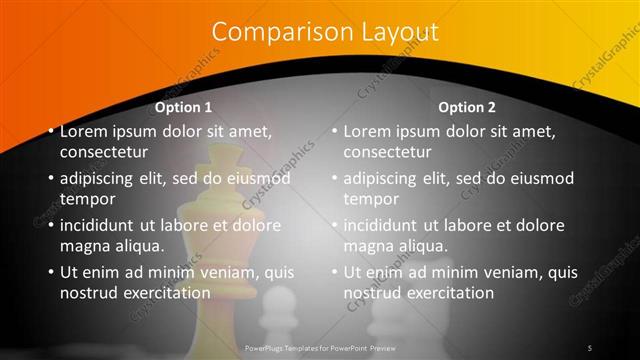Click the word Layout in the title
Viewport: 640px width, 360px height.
[390, 32]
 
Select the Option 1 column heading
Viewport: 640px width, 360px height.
[183, 107]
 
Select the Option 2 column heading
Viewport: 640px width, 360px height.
[467, 107]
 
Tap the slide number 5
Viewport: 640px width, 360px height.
[590, 347]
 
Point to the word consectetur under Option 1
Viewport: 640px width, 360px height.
[104, 153]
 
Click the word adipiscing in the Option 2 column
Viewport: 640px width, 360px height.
[385, 179]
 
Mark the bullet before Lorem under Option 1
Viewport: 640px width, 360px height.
[50, 131]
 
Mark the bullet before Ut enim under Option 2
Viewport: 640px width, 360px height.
[334, 272]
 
